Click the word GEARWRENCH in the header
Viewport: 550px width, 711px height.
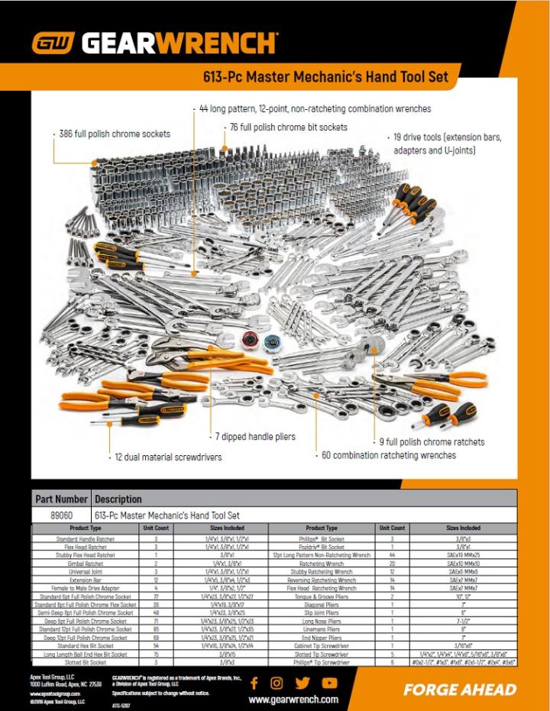point(180,43)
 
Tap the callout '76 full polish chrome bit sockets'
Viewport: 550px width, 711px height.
point(288,128)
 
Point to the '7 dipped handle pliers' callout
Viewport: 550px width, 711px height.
point(254,437)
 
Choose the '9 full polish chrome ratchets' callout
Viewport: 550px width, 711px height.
point(432,441)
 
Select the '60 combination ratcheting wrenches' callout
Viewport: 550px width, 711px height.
point(388,455)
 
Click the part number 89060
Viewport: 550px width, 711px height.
point(61,515)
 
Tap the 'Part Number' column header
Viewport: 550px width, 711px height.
point(61,499)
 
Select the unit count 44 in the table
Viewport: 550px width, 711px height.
point(392,555)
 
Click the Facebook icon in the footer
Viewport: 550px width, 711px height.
point(254,683)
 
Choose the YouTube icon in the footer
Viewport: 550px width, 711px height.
point(329,683)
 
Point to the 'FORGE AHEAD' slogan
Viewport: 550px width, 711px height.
point(460,690)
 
